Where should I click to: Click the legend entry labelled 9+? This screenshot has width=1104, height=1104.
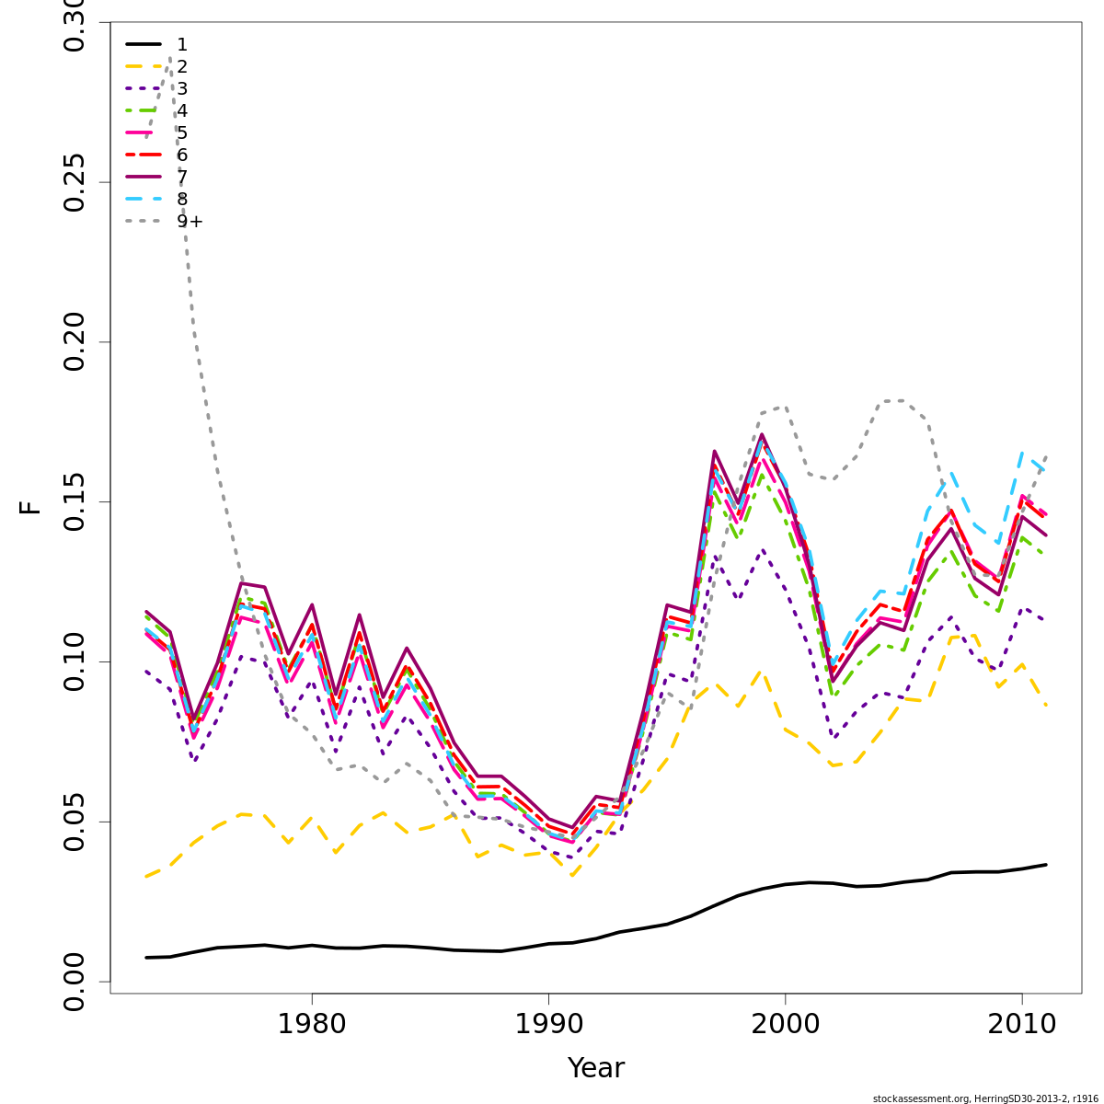(x=190, y=222)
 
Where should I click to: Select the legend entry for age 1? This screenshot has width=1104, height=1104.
(x=182, y=44)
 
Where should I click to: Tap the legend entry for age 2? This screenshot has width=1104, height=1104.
(x=182, y=66)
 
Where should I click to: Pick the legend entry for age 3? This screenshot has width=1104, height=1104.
(x=182, y=88)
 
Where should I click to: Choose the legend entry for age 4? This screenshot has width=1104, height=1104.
(x=182, y=110)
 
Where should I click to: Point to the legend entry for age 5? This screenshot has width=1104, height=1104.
(x=182, y=132)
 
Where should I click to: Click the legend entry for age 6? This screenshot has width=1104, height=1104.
(x=182, y=155)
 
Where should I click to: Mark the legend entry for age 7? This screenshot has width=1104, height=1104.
(x=182, y=177)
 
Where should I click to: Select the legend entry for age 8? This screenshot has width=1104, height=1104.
(x=182, y=199)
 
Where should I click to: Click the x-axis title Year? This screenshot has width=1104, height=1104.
(x=596, y=1068)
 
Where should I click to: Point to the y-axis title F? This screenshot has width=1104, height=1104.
(x=30, y=507)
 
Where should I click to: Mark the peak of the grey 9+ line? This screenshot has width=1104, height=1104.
(x=170, y=58)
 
